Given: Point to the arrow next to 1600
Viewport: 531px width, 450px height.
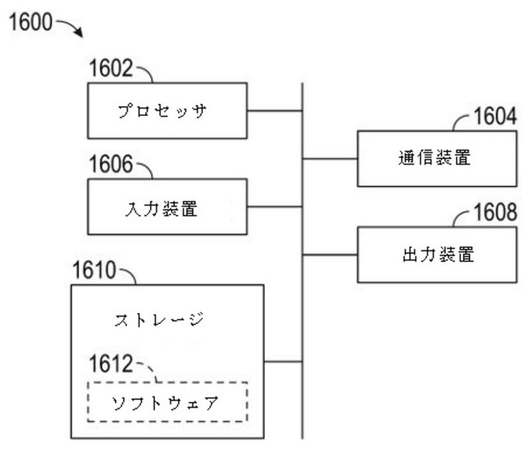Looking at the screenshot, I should pos(71,28).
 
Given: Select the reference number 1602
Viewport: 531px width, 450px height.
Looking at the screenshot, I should pos(112,69).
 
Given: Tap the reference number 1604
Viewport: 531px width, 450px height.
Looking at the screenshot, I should pos(494,117).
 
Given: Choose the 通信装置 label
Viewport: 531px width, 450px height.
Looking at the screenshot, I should pos(435,159).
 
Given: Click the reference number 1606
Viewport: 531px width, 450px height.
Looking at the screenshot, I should pos(112,165).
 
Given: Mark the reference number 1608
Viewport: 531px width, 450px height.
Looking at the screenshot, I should pos(494,213).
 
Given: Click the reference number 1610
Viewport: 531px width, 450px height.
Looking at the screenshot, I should pos(94,271).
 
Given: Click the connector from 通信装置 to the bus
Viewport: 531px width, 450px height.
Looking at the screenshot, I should pos(330,158).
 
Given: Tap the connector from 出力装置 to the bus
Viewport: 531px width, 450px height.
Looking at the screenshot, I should pos(330,254).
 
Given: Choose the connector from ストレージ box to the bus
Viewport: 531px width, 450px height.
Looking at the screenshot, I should pos(283,362).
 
